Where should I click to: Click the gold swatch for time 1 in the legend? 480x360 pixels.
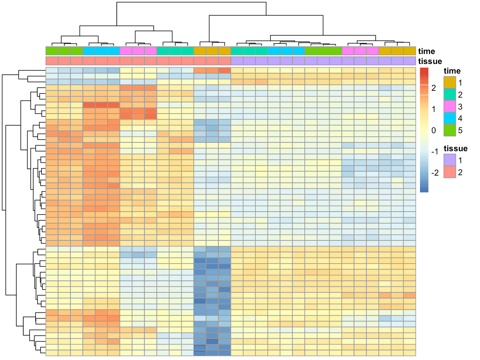[450, 84]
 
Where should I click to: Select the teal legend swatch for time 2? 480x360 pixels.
[450, 95]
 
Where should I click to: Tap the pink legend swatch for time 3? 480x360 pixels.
[450, 107]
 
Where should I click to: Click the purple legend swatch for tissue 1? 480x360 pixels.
[450, 161]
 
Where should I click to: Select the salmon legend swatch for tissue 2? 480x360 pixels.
[450, 172]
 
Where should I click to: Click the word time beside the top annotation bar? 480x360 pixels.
[426, 51]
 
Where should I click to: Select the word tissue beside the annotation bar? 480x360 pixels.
[430, 61]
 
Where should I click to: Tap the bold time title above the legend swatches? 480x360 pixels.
[452, 71]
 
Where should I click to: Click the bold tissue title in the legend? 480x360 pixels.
[455, 148]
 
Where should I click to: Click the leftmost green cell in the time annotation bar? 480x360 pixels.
[52, 51]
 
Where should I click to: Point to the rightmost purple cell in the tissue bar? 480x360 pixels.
[410, 61]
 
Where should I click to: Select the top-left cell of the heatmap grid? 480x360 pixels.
[52, 70]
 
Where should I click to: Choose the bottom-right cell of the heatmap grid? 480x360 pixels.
[410, 353]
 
